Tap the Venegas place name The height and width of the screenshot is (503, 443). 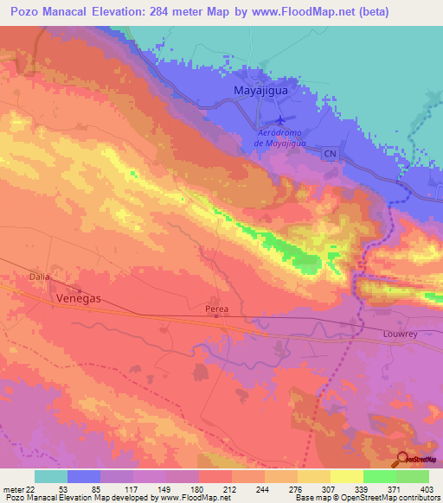(x=80, y=297)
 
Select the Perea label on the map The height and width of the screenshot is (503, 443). (x=217, y=307)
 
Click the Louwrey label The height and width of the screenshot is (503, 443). (x=400, y=332)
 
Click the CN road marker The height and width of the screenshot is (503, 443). (x=329, y=153)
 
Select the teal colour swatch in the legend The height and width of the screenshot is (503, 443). (x=51, y=476)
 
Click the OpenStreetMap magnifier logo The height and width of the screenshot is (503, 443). (x=401, y=459)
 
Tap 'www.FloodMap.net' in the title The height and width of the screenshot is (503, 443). (x=299, y=12)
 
